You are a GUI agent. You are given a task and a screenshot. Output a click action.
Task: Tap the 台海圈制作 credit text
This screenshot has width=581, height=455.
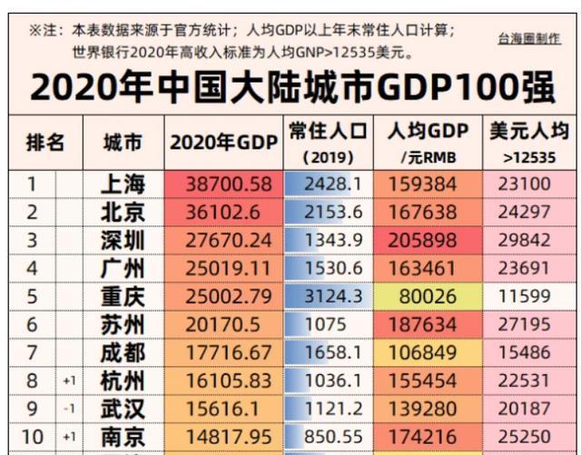click(529, 39)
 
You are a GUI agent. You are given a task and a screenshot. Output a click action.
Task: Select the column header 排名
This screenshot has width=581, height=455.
click(44, 143)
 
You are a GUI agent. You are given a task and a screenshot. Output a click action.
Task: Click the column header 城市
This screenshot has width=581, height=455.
click(123, 143)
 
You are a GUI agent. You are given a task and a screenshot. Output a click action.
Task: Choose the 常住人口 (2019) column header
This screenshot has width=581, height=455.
click(328, 143)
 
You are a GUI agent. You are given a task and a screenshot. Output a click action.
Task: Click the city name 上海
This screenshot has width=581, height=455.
click(123, 184)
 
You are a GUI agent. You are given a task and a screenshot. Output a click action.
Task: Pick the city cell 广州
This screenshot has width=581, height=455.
click(123, 269)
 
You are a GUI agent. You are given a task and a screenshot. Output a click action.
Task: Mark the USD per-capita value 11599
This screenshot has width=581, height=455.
click(524, 297)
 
